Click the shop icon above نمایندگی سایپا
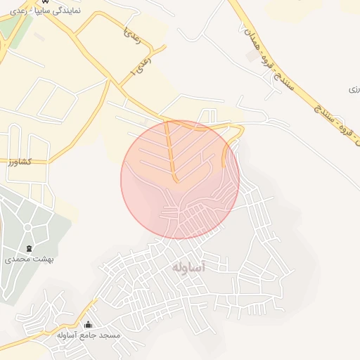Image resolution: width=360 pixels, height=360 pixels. (44, 2)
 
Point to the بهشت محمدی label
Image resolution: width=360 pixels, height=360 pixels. (30, 259)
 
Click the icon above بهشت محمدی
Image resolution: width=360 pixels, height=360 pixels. (29, 249)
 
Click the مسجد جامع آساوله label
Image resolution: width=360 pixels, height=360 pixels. (89, 335)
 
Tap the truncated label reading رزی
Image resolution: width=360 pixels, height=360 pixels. (354, 90)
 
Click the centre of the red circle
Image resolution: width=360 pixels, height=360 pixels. (180, 179)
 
